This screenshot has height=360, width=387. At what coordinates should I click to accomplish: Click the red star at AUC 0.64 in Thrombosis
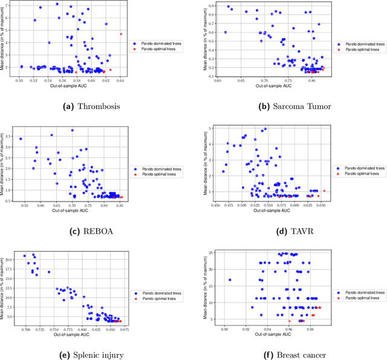point(120,34)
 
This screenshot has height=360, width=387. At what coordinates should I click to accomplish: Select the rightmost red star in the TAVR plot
point(324,191)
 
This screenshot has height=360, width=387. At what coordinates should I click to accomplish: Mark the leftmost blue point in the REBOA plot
point(21,139)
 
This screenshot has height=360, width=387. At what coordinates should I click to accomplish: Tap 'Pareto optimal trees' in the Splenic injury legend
point(159,298)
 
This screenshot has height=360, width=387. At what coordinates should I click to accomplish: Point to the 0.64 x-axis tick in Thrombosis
point(120,80)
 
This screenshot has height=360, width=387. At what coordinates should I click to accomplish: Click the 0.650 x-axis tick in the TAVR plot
point(322,205)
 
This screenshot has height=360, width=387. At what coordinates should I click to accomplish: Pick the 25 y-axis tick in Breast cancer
point(213,253)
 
